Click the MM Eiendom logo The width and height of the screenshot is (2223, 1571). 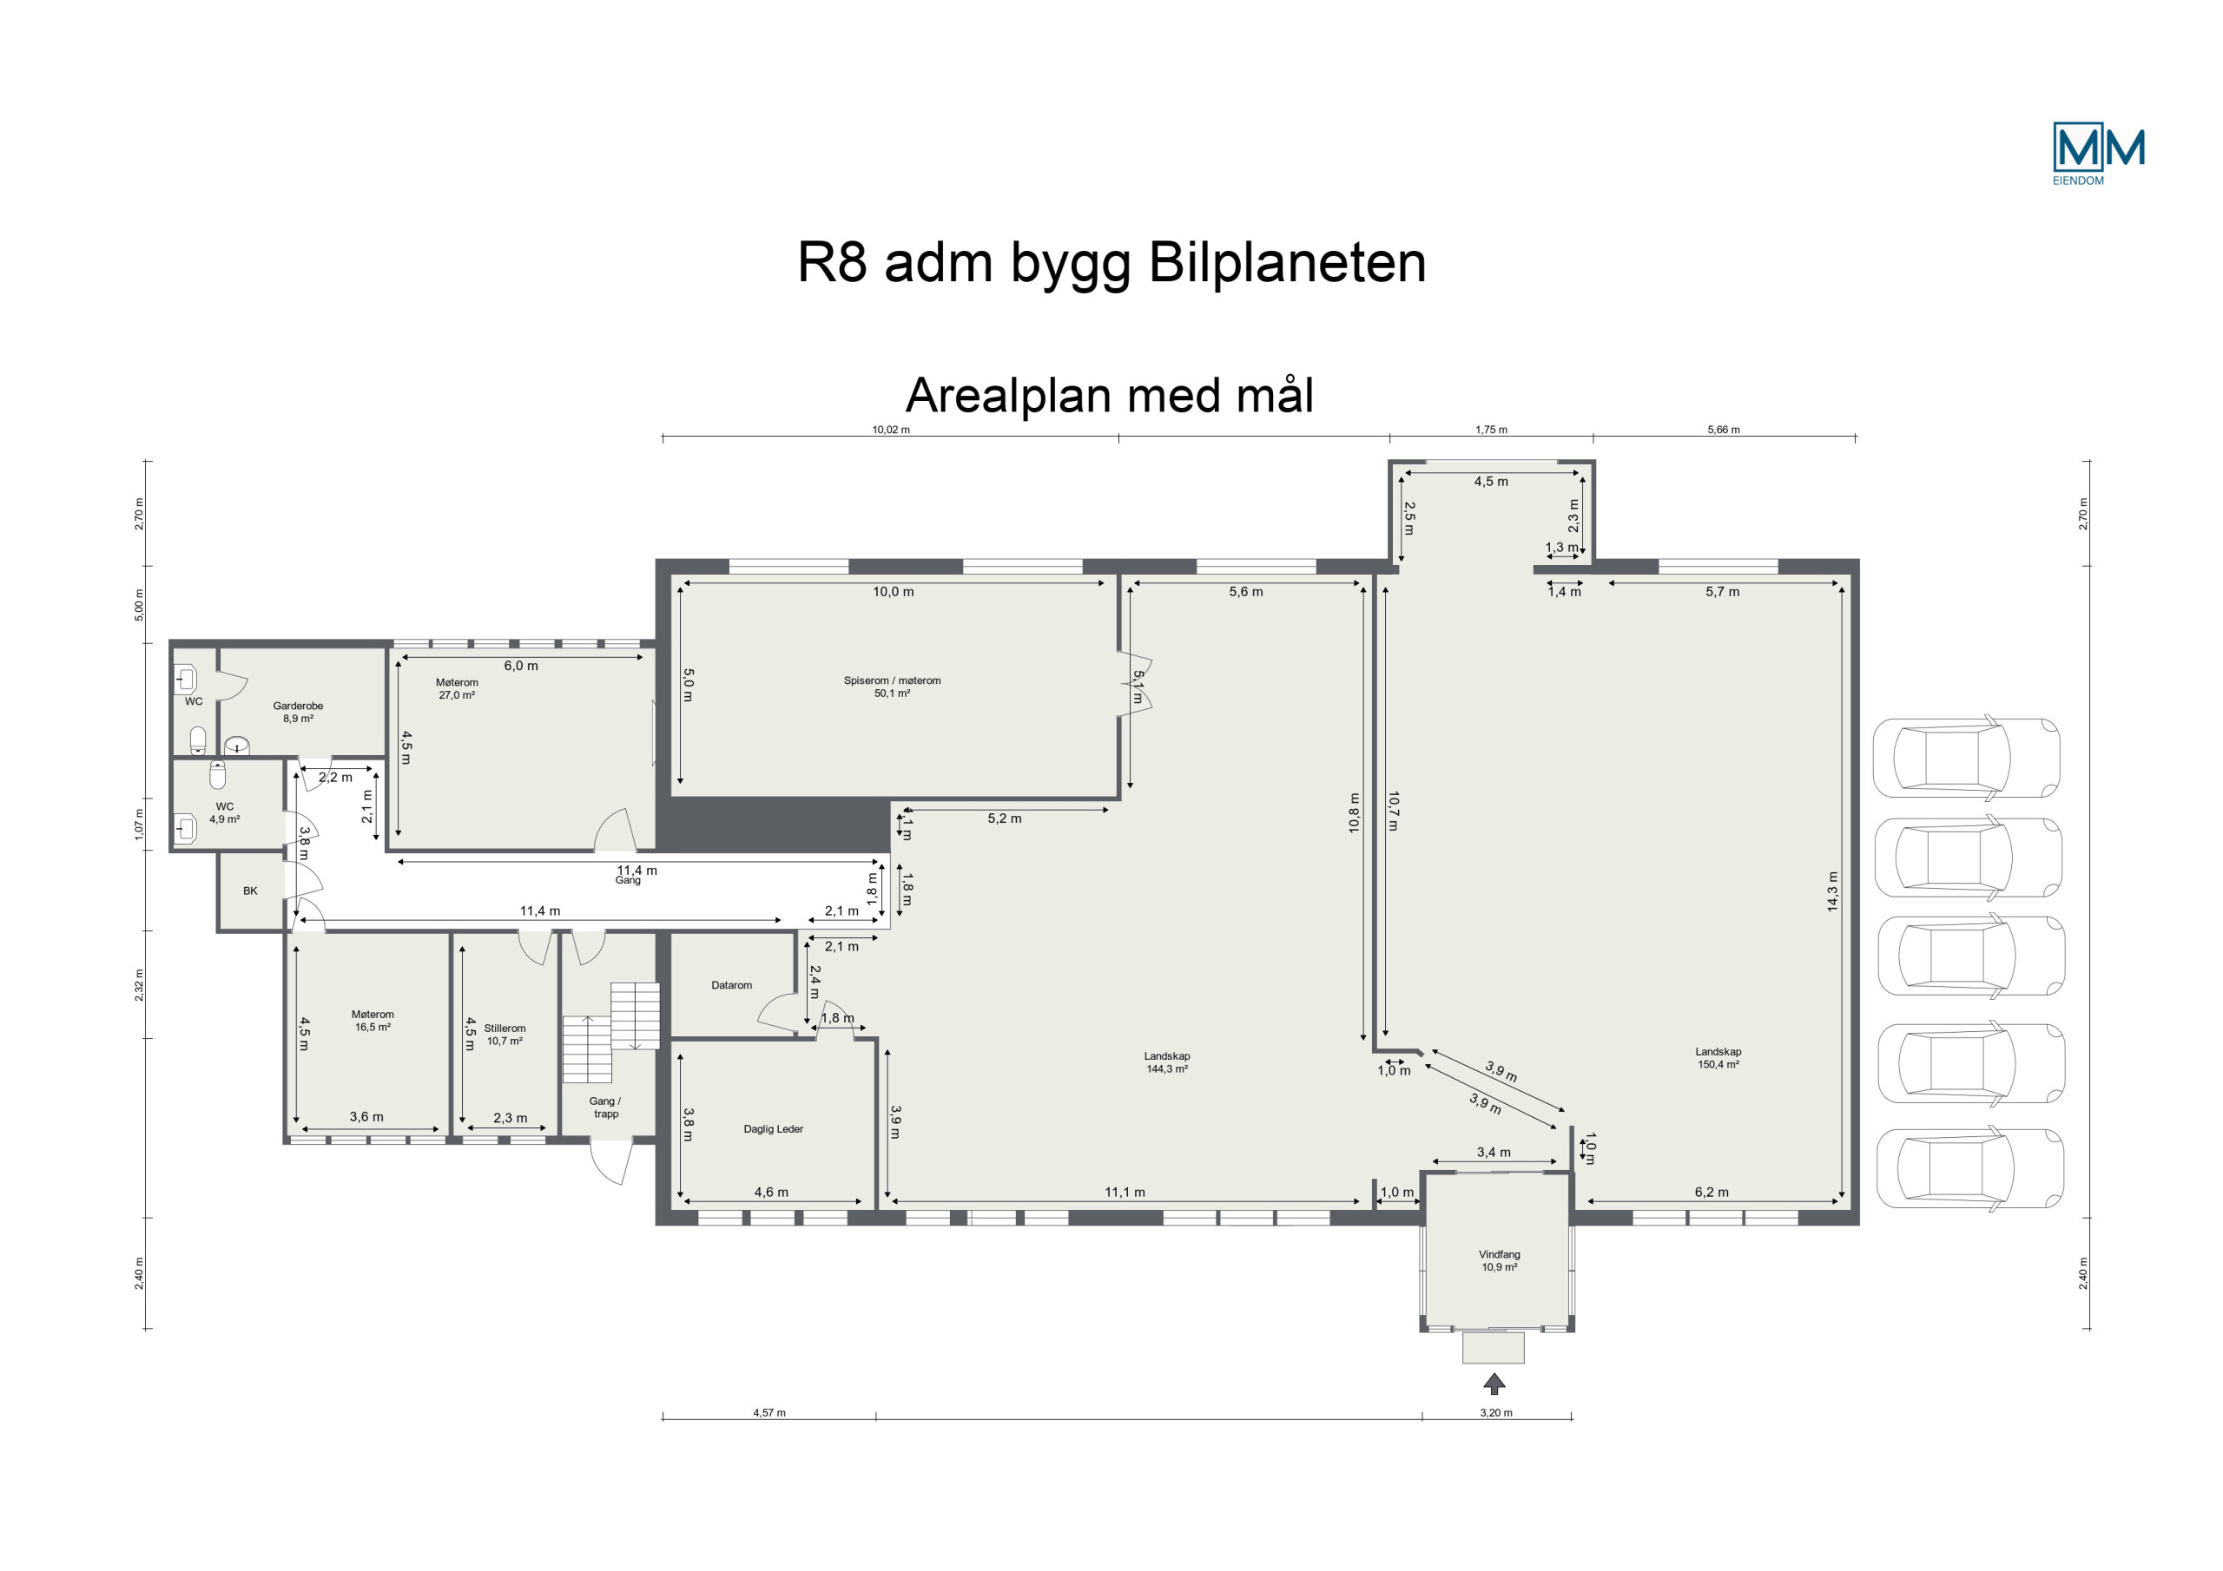coord(2098,154)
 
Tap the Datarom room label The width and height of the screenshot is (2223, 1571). coord(731,985)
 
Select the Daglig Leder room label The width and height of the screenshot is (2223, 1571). coord(774,1128)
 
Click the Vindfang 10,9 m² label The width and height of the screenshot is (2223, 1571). coord(1499,1260)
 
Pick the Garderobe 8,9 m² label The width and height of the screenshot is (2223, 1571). coord(298,713)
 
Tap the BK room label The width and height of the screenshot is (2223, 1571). coord(251,891)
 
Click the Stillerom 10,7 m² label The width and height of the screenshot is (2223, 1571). coord(505,1035)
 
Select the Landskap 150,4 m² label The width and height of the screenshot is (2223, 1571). coord(1718,1058)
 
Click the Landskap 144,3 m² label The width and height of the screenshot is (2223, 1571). coord(1167,1063)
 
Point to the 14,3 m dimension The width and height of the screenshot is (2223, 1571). coord(1832,891)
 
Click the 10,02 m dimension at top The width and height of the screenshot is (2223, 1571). coord(891,430)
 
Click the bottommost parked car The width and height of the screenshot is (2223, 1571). coord(1970,1168)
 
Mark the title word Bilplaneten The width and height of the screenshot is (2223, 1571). coord(1288,262)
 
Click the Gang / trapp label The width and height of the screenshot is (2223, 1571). coord(605,1108)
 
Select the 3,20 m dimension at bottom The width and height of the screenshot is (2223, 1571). coord(1496,1412)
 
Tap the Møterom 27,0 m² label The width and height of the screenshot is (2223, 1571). coord(457,688)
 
